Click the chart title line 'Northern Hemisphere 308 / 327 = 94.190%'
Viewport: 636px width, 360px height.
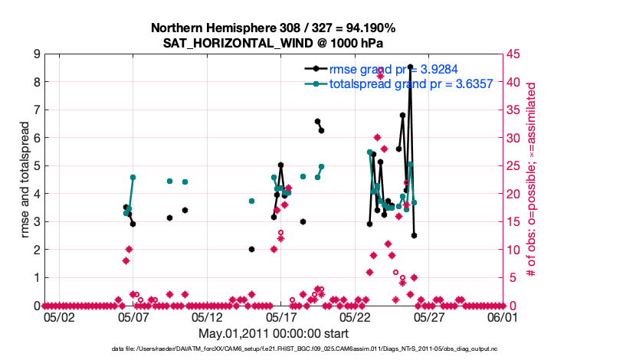click(x=273, y=28)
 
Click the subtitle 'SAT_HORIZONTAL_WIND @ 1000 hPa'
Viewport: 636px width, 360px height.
click(x=273, y=43)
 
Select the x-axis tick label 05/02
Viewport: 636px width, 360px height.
click(x=59, y=316)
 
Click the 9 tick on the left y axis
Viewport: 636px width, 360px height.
click(x=37, y=54)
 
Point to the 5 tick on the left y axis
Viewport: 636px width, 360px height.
click(x=37, y=165)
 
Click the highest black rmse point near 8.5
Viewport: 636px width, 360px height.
click(x=411, y=67)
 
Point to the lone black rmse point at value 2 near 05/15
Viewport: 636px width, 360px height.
click(x=251, y=249)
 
